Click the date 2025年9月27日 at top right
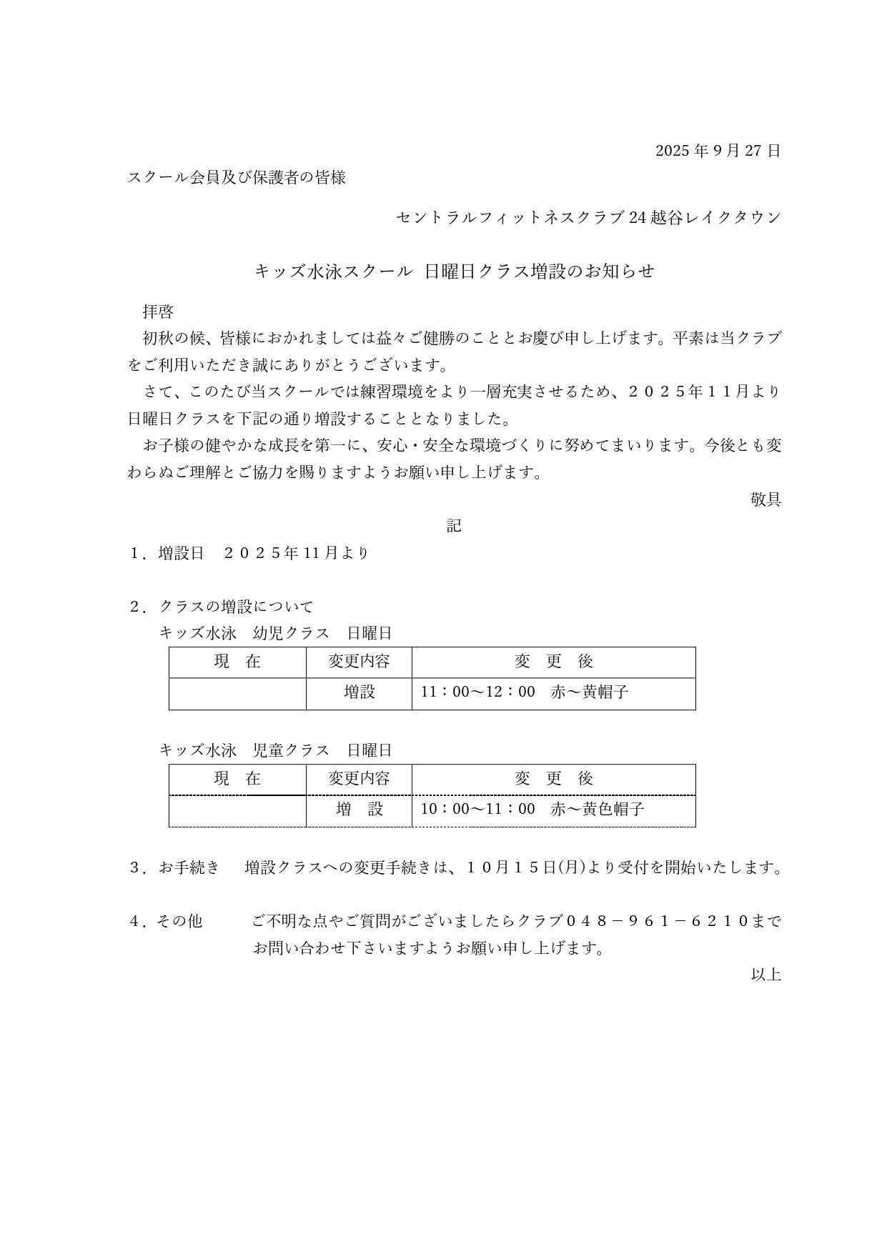[x=718, y=151]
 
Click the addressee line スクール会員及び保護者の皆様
[x=237, y=177]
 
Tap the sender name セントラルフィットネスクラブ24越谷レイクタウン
[x=588, y=217]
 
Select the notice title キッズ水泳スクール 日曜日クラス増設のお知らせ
[x=455, y=272]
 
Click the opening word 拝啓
[x=158, y=312]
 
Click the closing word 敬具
[x=765, y=499]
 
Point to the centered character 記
[x=454, y=526]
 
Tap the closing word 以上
[x=765, y=975]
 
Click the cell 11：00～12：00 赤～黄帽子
[x=525, y=692]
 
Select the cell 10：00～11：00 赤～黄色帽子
[x=532, y=810]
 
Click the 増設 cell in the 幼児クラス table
[x=359, y=692]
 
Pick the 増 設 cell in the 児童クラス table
[x=359, y=810]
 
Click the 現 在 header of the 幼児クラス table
[x=237, y=662]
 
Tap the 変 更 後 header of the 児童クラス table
[x=553, y=779]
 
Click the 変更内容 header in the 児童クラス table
[x=359, y=779]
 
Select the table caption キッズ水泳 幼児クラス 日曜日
[x=275, y=633]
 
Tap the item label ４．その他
[x=165, y=922]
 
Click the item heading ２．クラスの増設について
[x=221, y=607]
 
